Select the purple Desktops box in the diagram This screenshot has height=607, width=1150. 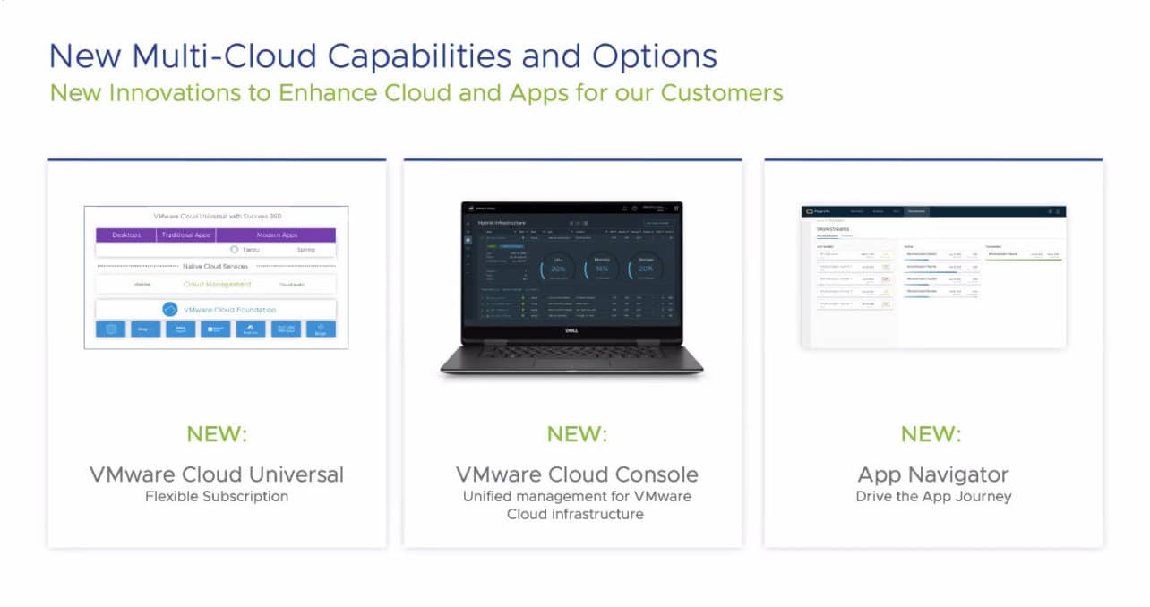126,235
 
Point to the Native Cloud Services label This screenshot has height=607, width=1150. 216,267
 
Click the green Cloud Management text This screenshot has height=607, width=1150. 217,285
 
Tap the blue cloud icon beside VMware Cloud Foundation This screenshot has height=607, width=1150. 170,310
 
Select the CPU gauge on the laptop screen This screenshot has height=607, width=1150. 558,268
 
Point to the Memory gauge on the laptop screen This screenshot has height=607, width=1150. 602,268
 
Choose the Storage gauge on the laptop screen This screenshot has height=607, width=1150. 646,268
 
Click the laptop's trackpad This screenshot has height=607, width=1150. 571,363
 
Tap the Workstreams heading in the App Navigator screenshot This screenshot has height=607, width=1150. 832,229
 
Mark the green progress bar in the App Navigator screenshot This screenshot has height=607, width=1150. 1023,260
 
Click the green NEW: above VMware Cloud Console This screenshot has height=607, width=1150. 577,435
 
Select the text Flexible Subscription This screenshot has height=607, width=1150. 217,496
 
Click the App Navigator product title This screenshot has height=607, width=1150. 932,474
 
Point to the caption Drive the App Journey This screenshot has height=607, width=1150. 932,496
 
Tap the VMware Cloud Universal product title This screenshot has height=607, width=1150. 217,474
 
